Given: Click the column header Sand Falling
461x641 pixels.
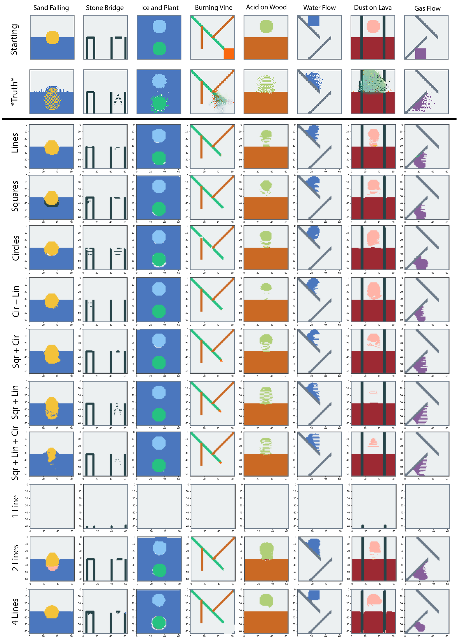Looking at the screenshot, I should click(51, 8).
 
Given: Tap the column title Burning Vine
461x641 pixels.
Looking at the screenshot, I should click(213, 8).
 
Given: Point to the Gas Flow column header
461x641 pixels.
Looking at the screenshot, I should click(427, 8).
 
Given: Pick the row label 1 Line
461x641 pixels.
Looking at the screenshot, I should click(15, 506).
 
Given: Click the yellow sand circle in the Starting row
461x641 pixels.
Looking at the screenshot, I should click(52, 37).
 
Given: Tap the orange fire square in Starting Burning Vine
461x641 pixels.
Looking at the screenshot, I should click(229, 54).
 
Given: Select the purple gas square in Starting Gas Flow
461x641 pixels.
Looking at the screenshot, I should click(421, 53).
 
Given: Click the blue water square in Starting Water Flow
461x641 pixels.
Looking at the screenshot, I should click(313, 21).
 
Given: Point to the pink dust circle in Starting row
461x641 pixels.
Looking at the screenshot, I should click(373, 26).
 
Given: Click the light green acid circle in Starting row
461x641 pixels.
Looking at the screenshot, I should click(266, 26).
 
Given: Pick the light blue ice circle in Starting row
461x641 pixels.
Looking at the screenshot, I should click(159, 26).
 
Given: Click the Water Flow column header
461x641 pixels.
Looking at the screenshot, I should click(319, 8).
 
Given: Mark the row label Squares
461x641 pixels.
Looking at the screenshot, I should click(15, 196).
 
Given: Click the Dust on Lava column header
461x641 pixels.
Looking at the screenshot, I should click(373, 8).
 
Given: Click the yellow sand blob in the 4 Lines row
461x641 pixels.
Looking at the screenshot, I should click(52, 611).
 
